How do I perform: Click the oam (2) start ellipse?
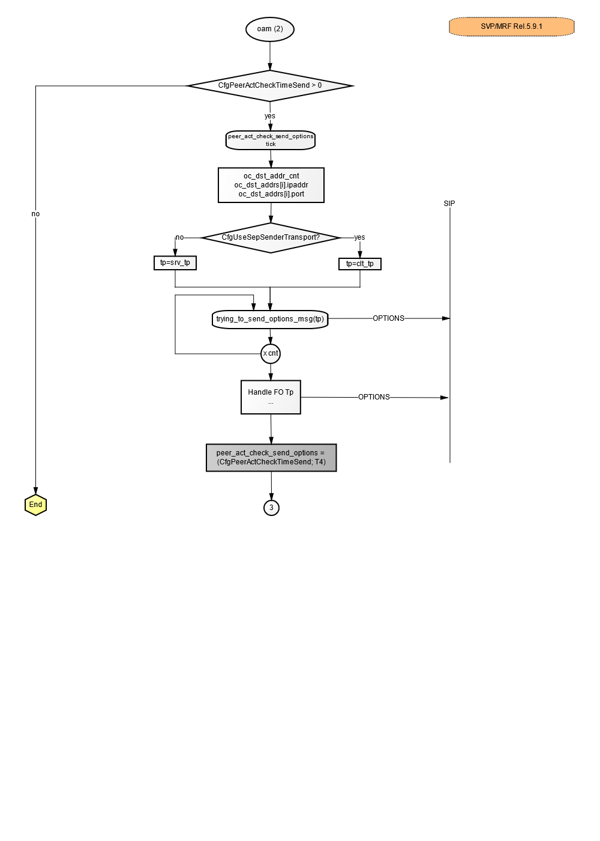(x=269, y=29)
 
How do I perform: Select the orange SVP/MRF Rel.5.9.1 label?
(x=511, y=26)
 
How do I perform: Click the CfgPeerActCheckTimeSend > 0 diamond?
(x=270, y=85)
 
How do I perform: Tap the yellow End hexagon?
(x=35, y=505)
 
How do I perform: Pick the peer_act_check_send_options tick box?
(x=271, y=140)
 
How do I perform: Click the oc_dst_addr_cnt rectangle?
(x=271, y=185)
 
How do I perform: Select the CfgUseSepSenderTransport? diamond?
(x=271, y=238)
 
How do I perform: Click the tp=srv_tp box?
(x=175, y=263)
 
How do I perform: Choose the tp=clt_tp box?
(x=360, y=264)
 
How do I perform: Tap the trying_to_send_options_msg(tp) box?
(x=270, y=320)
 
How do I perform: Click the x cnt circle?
(x=271, y=354)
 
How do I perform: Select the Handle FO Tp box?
(x=271, y=397)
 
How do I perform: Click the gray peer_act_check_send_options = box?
(x=271, y=458)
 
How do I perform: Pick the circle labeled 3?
(x=271, y=508)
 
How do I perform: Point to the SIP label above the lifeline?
(x=449, y=204)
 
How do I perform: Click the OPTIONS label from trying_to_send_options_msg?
(x=389, y=318)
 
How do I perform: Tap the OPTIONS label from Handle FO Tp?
(x=374, y=397)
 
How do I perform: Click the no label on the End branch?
(x=35, y=214)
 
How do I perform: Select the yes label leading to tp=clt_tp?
(x=359, y=237)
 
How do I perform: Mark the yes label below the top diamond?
(x=269, y=116)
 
